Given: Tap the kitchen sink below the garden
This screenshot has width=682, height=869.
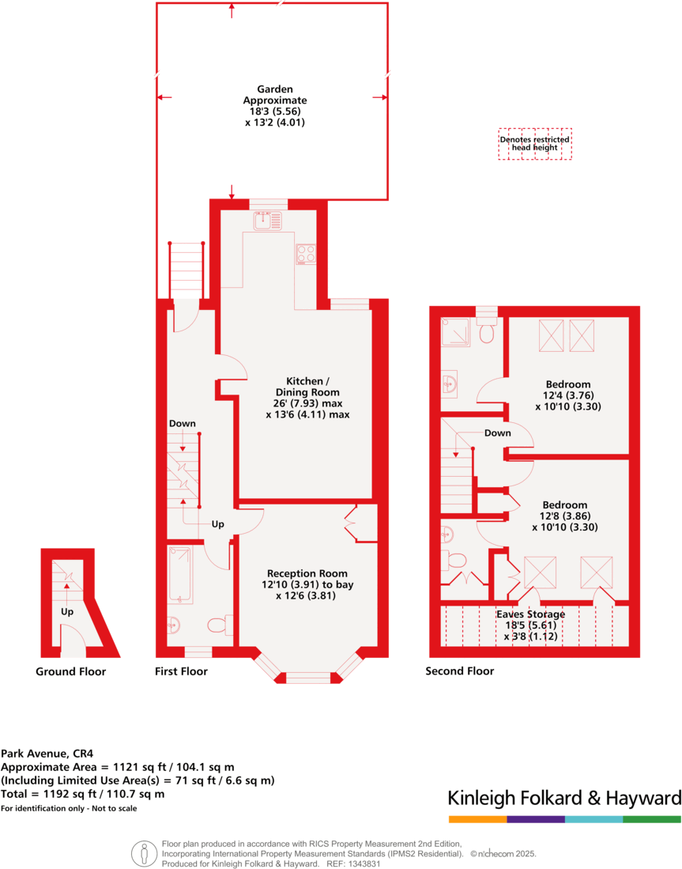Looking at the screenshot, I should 268,221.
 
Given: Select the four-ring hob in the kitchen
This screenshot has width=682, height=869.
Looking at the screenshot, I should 306,254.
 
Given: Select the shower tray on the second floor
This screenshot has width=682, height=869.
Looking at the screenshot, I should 454,333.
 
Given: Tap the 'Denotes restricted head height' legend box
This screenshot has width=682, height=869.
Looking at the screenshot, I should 534,144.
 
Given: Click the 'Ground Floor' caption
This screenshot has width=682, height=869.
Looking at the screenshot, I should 70,671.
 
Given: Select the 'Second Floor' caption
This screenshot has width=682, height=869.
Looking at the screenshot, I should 459,671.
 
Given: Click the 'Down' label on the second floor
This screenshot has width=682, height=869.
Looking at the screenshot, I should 497,433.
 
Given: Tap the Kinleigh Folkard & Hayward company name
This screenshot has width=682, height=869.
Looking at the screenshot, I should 564,797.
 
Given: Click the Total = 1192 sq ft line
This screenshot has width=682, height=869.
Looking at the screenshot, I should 83,793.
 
